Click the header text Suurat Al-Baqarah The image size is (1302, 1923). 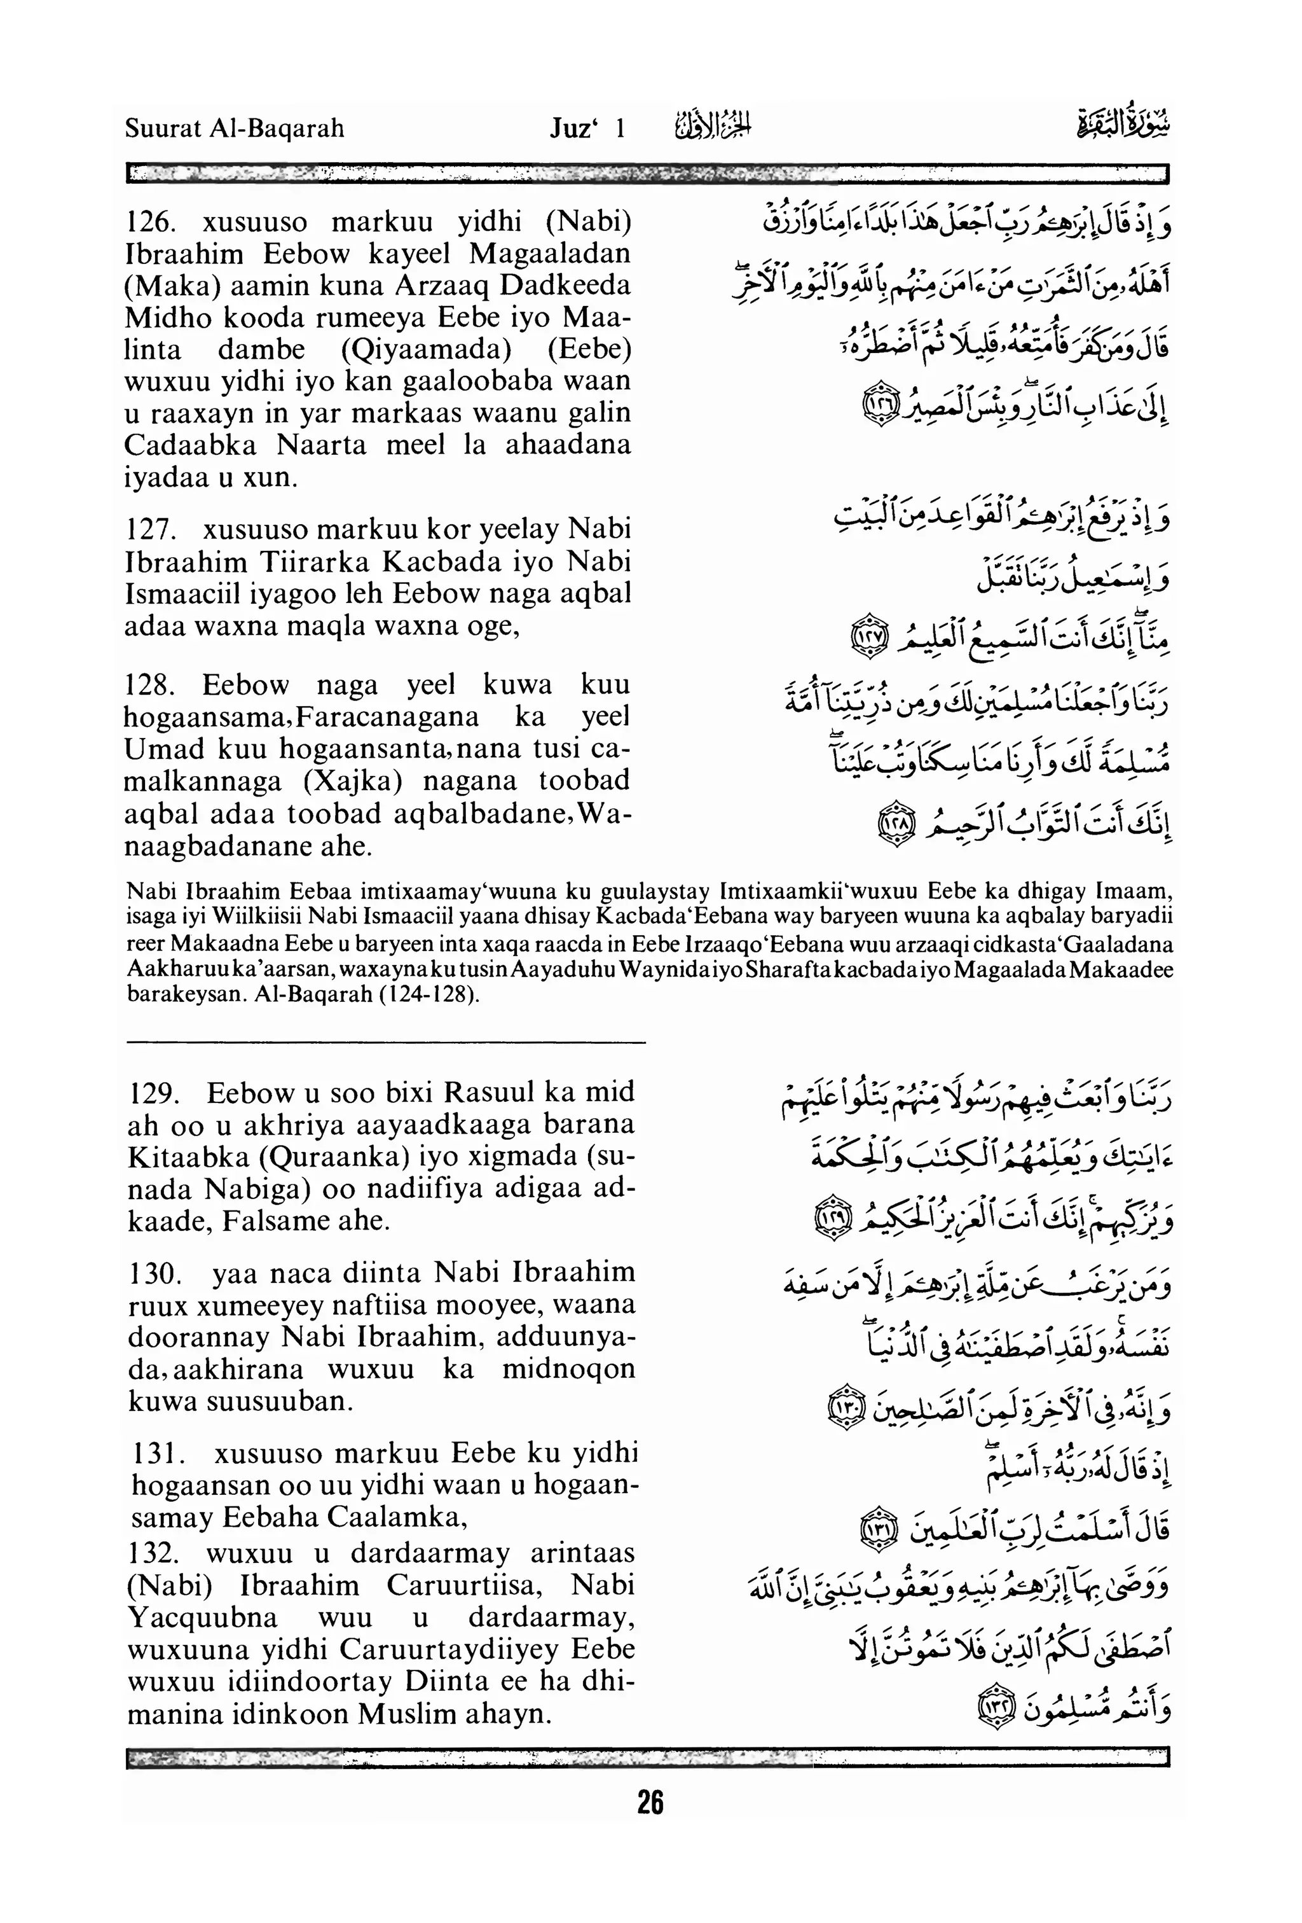[234, 128]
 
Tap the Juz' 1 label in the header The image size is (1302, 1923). [587, 128]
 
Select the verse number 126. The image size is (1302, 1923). [149, 222]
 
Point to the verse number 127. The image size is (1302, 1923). [148, 529]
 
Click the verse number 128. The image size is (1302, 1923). [148, 684]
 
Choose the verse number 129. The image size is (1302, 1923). [154, 1092]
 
